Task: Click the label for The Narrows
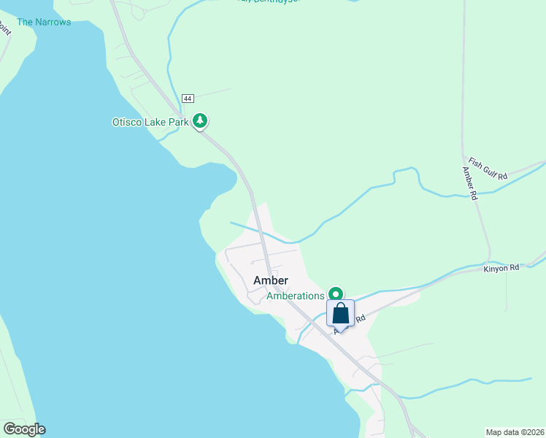coord(44,22)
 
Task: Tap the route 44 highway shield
coord(188,98)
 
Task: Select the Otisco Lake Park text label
coord(150,122)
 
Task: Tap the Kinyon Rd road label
coord(501,269)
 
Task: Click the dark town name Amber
coord(271,280)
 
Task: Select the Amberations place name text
coord(295,296)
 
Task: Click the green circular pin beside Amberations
coord(337,294)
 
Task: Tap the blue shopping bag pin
coord(341,313)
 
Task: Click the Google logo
coord(24,429)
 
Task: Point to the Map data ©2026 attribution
coord(515,431)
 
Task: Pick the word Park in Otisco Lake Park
coord(178,122)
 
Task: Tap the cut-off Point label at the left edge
coord(4,30)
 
